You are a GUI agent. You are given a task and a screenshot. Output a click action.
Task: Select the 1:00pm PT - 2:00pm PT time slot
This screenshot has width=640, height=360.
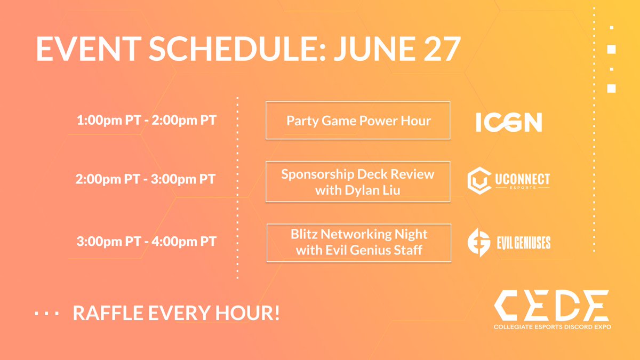pos(147,120)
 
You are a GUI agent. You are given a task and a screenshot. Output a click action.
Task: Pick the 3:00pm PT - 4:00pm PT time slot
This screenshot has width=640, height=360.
pos(147,241)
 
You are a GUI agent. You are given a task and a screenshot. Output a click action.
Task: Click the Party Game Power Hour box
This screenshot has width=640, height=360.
pos(358,121)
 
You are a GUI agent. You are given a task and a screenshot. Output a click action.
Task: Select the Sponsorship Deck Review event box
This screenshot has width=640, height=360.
pos(358,181)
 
